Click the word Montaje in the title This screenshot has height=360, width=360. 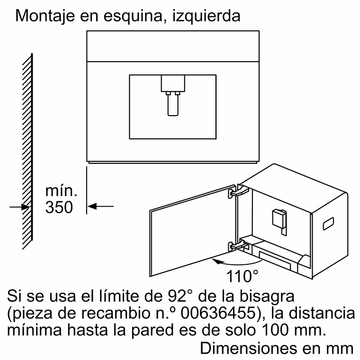(x=45, y=16)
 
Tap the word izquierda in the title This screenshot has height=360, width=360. (x=206, y=16)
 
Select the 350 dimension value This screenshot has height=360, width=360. (x=59, y=207)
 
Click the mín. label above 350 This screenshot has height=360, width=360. (x=61, y=190)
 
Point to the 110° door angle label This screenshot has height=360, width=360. (x=242, y=276)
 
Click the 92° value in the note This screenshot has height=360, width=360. (x=180, y=296)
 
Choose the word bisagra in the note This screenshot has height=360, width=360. (x=267, y=296)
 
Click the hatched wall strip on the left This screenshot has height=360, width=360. (x=27, y=152)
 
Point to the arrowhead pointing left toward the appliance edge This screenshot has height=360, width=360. (x=92, y=207)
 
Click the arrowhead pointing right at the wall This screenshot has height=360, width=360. (x=26, y=207)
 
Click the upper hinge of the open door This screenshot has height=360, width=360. (x=239, y=191)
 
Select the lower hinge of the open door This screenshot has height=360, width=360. (x=239, y=246)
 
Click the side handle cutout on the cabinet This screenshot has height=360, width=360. (x=328, y=224)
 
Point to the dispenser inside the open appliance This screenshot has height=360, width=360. (x=279, y=222)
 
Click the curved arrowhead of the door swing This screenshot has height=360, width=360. (x=216, y=261)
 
